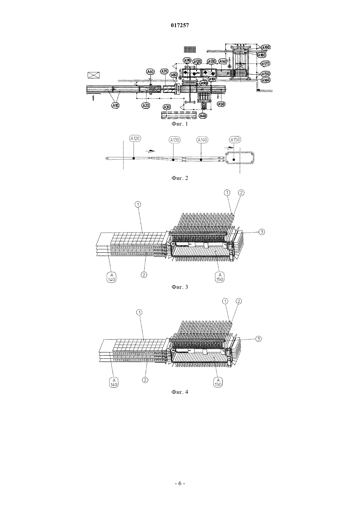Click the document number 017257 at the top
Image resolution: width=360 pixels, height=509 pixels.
point(180,26)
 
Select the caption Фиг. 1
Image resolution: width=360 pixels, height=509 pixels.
point(180,124)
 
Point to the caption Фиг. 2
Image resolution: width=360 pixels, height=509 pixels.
point(180,178)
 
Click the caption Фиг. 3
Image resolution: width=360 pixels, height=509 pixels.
point(180,287)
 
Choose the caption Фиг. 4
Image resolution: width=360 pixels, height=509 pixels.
point(180,392)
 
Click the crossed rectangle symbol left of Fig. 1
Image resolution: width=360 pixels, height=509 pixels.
point(94,75)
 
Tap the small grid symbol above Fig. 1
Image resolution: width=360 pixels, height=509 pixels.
point(190,49)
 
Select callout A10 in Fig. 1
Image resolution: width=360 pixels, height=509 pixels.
point(115,105)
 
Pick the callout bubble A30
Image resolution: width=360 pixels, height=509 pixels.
point(167,107)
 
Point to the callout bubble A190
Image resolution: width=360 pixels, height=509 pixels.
point(266,47)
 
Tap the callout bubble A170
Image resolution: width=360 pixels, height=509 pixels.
point(265,63)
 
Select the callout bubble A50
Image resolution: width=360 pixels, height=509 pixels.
point(221,104)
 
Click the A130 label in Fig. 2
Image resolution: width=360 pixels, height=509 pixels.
point(174,140)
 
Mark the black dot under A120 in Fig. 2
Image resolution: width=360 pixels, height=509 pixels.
point(134,158)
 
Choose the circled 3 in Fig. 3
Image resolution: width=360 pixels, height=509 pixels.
point(262,232)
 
